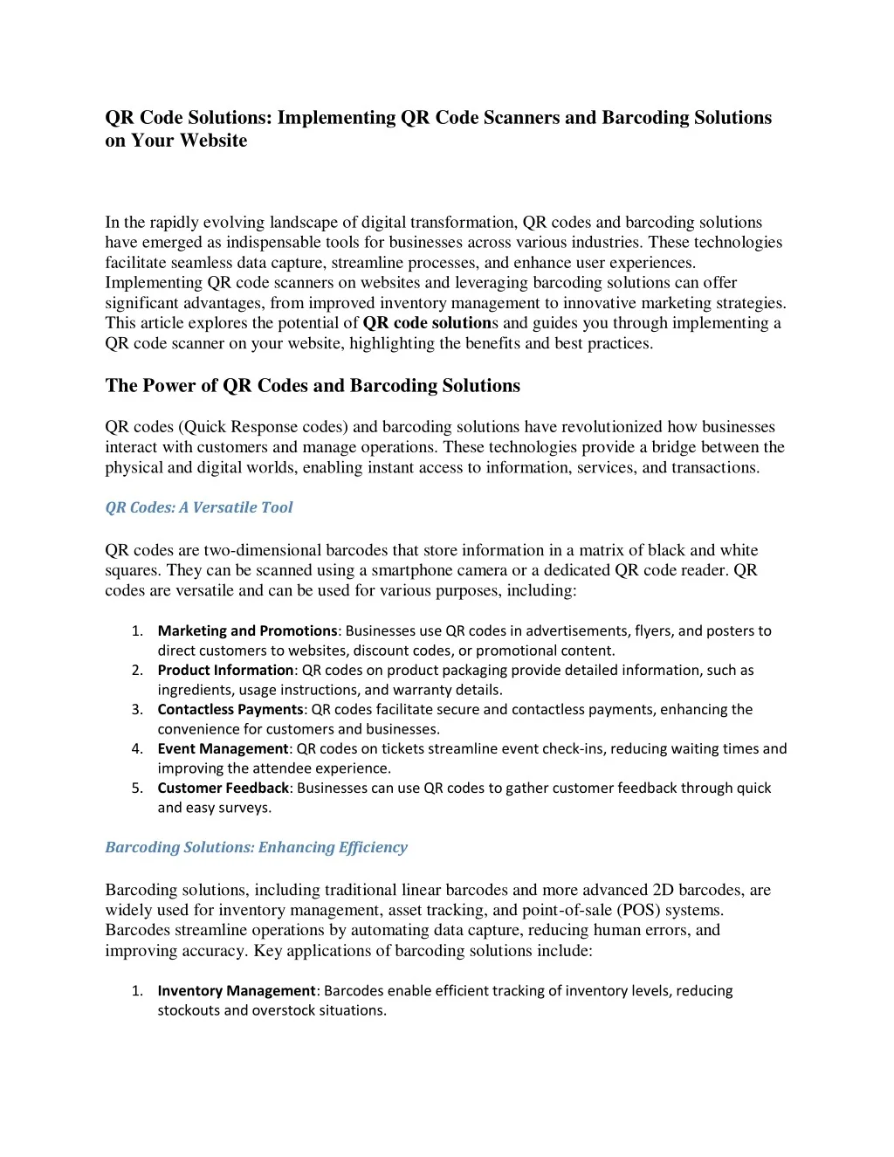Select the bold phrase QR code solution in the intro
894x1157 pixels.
427,323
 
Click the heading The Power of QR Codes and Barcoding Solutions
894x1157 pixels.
313,386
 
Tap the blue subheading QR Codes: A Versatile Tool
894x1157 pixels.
199,507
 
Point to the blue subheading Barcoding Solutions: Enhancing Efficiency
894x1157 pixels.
256,847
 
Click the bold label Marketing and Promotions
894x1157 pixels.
247,630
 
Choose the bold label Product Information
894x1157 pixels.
225,670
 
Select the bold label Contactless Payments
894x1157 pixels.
230,709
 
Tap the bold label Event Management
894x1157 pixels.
223,748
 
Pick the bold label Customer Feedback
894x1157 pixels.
223,788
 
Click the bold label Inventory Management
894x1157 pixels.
236,990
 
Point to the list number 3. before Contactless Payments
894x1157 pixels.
137,709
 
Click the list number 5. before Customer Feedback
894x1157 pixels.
137,788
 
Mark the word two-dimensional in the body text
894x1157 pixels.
263,550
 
